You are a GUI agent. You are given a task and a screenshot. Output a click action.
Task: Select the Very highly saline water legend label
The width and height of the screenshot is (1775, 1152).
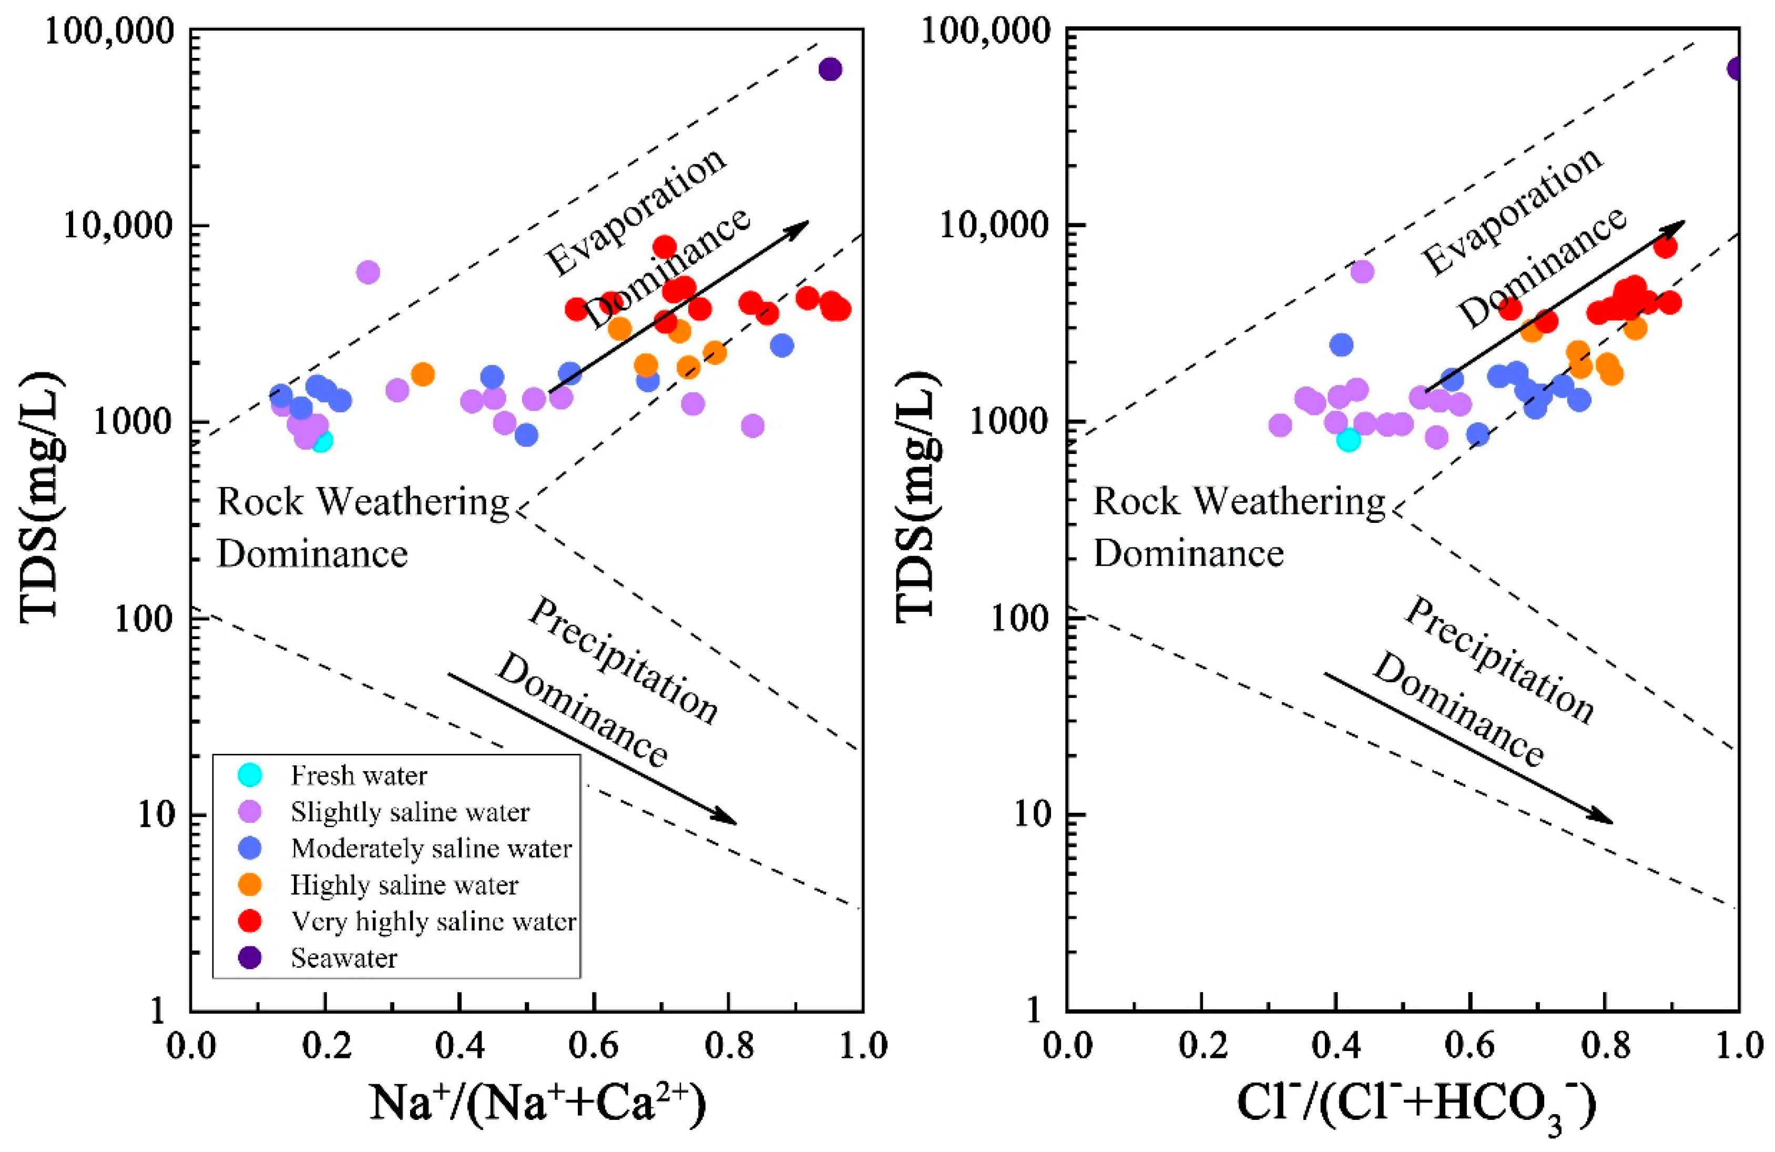pyautogui.click(x=433, y=922)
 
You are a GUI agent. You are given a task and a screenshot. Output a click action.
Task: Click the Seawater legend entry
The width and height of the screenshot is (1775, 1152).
pyautogui.click(x=344, y=958)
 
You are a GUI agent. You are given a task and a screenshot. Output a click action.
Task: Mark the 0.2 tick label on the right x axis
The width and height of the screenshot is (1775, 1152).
pyautogui.click(x=1201, y=1046)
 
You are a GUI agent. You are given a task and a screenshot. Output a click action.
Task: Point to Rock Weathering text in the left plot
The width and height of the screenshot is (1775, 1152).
pyautogui.click(x=362, y=503)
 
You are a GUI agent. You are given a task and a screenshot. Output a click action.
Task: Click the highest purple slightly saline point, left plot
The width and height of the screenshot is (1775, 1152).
pyautogui.click(x=368, y=272)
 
